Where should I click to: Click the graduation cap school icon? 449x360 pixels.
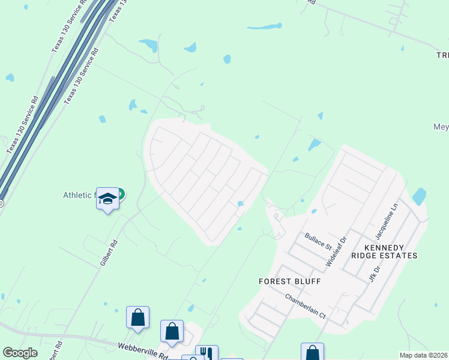point(107,199)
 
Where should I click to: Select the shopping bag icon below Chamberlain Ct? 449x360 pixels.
point(312,353)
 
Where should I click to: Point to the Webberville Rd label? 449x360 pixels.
point(143,347)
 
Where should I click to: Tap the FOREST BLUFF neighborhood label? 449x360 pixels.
point(290,281)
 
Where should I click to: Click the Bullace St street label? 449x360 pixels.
point(318,241)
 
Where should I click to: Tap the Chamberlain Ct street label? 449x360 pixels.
point(305,306)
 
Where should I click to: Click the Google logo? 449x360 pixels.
point(20,353)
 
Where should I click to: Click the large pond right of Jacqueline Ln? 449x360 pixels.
point(419,196)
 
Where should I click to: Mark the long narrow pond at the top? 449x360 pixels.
point(265,26)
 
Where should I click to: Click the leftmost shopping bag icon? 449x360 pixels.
point(137,317)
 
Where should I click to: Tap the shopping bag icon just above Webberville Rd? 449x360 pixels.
point(172,331)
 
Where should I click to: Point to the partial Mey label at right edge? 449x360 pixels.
point(441,127)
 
